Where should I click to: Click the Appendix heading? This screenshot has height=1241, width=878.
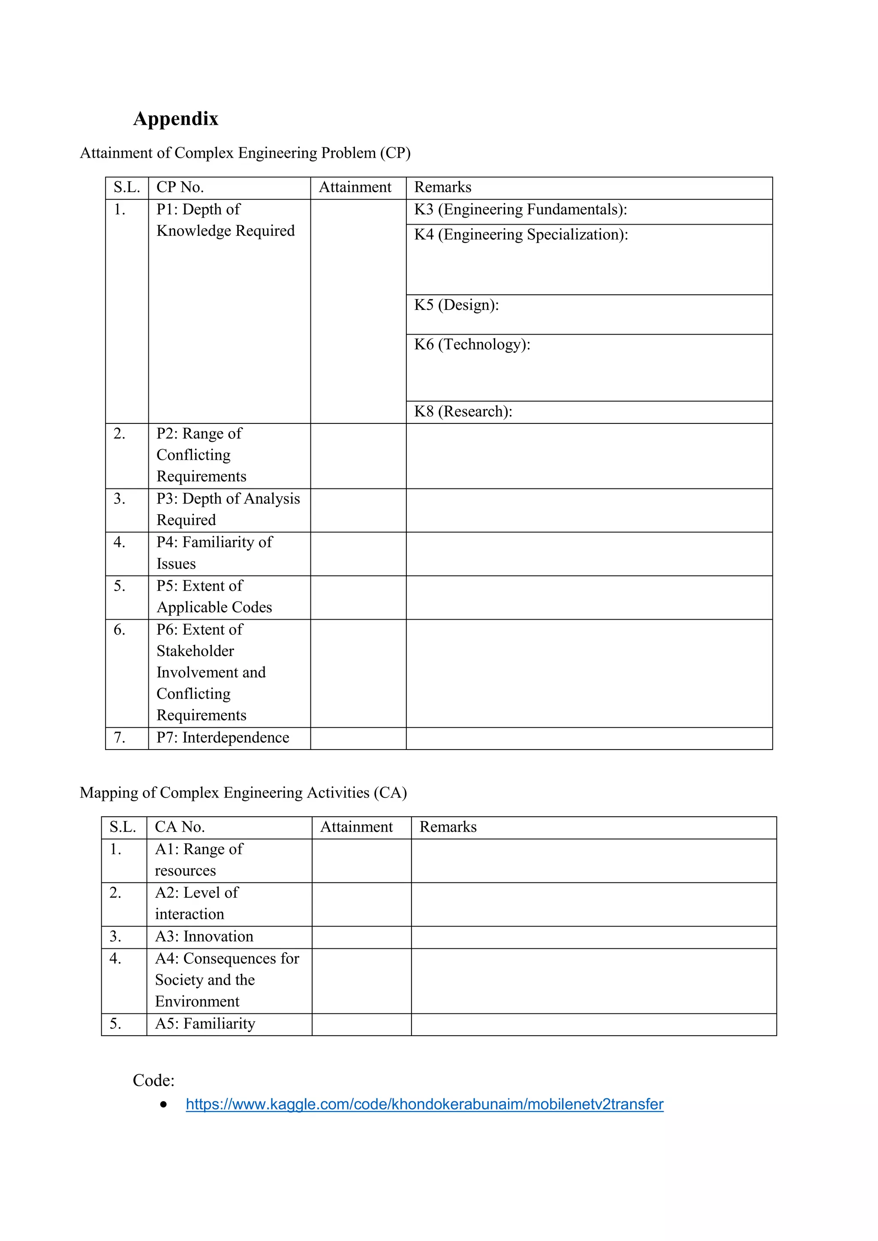(176, 118)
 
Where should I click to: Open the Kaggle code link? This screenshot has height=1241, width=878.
(424, 1104)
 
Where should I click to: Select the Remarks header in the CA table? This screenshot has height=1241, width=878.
(448, 827)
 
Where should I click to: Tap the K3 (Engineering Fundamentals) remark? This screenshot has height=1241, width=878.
(520, 210)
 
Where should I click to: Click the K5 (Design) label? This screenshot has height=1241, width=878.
(456, 305)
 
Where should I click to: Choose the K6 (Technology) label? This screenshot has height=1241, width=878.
(472, 344)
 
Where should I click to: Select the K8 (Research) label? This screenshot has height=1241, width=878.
(463, 411)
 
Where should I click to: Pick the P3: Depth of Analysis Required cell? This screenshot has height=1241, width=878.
(228, 509)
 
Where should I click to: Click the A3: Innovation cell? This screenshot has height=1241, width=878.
(204, 936)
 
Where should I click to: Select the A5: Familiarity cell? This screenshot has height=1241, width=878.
(205, 1023)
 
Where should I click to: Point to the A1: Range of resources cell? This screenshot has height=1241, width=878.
(198, 860)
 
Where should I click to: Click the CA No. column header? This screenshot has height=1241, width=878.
(180, 827)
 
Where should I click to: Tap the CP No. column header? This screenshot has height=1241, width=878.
(180, 187)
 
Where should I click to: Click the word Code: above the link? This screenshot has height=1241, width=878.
(153, 1080)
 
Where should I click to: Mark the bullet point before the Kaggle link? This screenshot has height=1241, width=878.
(163, 1104)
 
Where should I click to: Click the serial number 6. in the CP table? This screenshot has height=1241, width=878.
(120, 629)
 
